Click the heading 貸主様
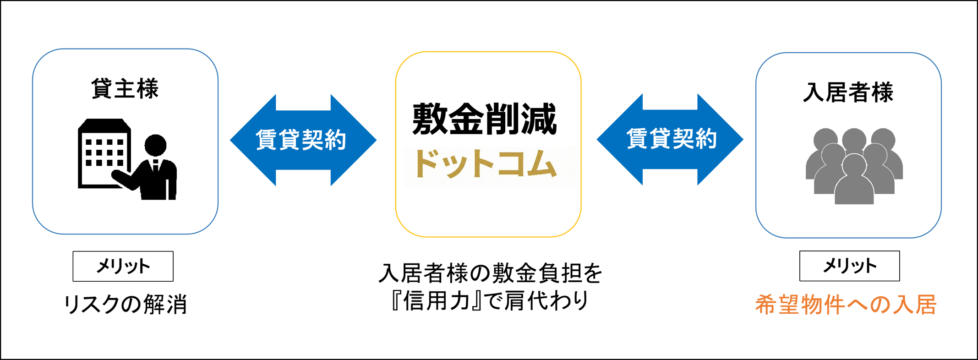tap(125, 88)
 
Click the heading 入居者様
tap(848, 92)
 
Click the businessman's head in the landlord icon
tap(155, 145)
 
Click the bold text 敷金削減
tap(485, 119)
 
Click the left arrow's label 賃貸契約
tap(301, 140)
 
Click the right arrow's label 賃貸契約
tap(672, 139)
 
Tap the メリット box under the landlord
tap(123, 266)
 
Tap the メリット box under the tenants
tap(849, 266)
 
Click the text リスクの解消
tap(125, 304)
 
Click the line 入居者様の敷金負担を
tap(490, 273)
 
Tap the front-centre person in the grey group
tap(854, 183)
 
